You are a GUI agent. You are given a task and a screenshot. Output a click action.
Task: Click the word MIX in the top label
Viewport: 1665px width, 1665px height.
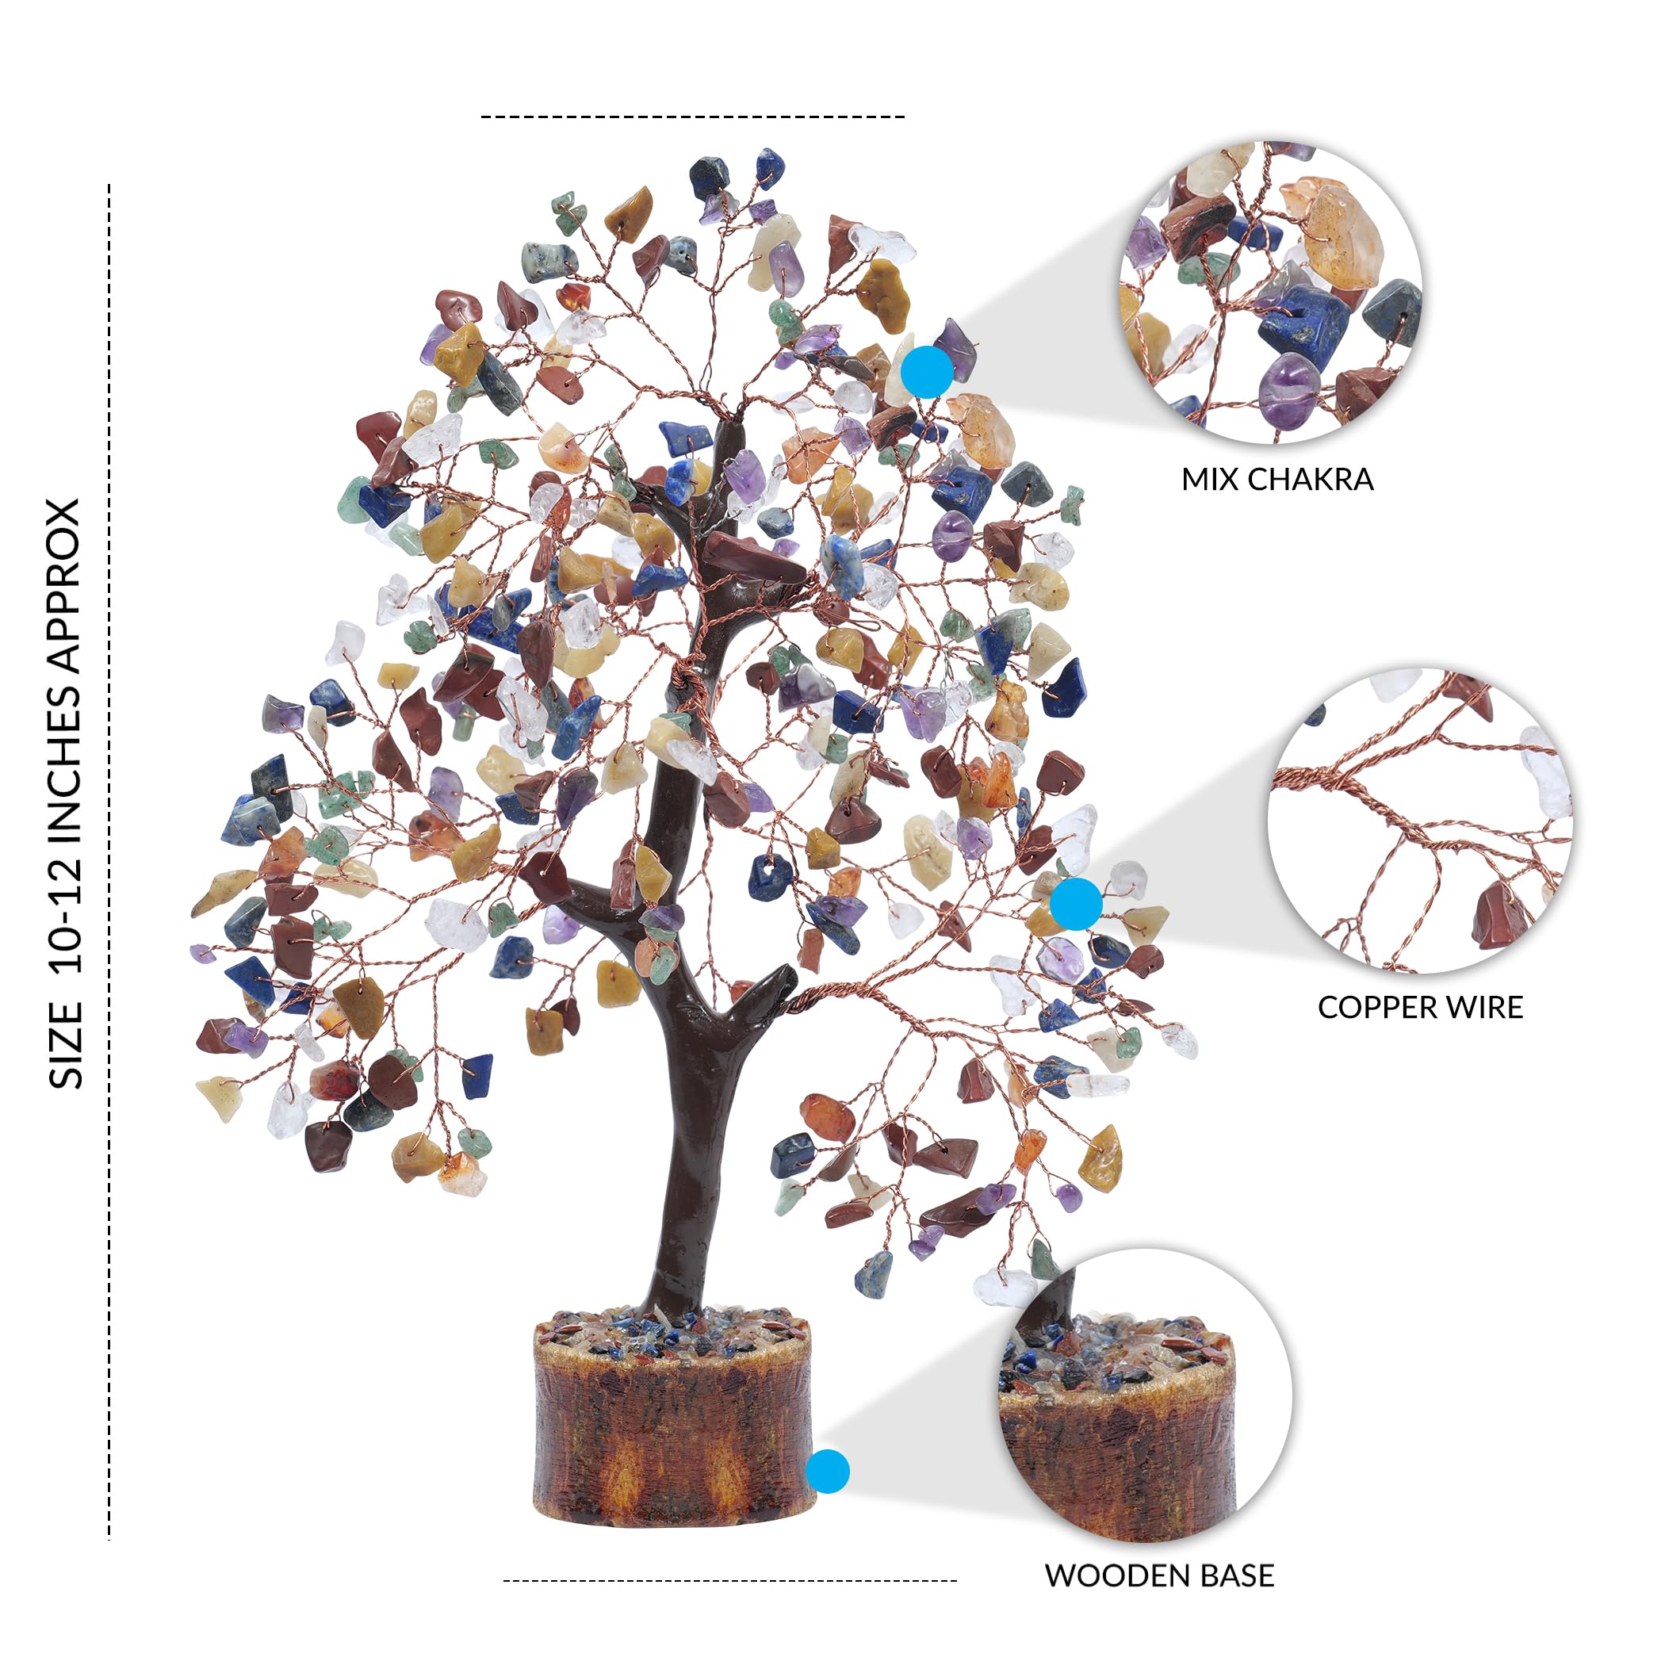click(1211, 479)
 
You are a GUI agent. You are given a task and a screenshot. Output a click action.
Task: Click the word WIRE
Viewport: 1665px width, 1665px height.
click(1478, 1008)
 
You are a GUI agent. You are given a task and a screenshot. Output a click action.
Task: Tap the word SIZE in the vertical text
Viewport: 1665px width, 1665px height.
click(66, 1045)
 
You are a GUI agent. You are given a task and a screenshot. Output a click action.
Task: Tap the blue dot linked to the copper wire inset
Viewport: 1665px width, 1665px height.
click(1077, 904)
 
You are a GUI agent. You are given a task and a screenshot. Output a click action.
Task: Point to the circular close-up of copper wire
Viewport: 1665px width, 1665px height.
click(1421, 821)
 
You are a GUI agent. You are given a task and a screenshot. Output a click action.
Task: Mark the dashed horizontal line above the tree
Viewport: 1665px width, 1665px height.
click(693, 117)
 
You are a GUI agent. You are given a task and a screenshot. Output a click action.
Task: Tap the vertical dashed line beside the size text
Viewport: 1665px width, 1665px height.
click(109, 862)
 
